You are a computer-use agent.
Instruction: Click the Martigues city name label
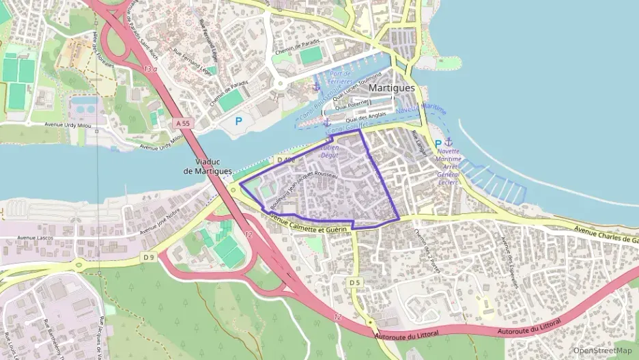[x=392, y=88]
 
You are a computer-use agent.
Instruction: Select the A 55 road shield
[x=181, y=123]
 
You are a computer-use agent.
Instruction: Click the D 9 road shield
[x=150, y=257]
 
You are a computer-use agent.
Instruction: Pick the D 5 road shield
[x=354, y=282]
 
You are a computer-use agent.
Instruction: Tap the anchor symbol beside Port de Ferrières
[x=315, y=87]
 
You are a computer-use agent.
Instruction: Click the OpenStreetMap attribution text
[x=602, y=350]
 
